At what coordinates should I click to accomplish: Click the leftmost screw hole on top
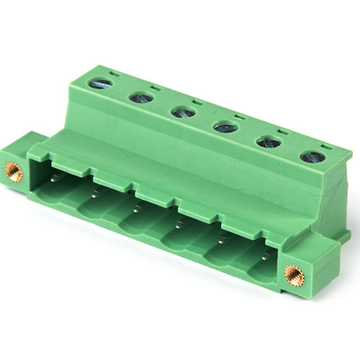(x=100, y=84)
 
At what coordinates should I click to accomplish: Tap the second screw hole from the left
(x=141, y=97)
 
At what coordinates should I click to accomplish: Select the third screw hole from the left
(x=183, y=112)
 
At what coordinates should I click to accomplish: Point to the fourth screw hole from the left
(x=225, y=127)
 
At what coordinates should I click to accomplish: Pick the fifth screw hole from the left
(x=269, y=142)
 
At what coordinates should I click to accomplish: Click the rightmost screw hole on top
(x=312, y=156)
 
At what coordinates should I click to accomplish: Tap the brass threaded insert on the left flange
(x=13, y=171)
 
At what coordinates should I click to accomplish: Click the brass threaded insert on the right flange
(x=293, y=274)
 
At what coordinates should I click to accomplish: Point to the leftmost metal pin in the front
(x=54, y=177)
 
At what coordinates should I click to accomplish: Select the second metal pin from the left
(x=96, y=192)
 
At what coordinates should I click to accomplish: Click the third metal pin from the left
(x=137, y=207)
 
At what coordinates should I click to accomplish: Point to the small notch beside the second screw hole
(x=156, y=88)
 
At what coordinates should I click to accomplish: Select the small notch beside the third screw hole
(x=197, y=102)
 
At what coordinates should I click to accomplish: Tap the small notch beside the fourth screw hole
(x=240, y=117)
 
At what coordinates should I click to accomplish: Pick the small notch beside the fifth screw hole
(x=283, y=132)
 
